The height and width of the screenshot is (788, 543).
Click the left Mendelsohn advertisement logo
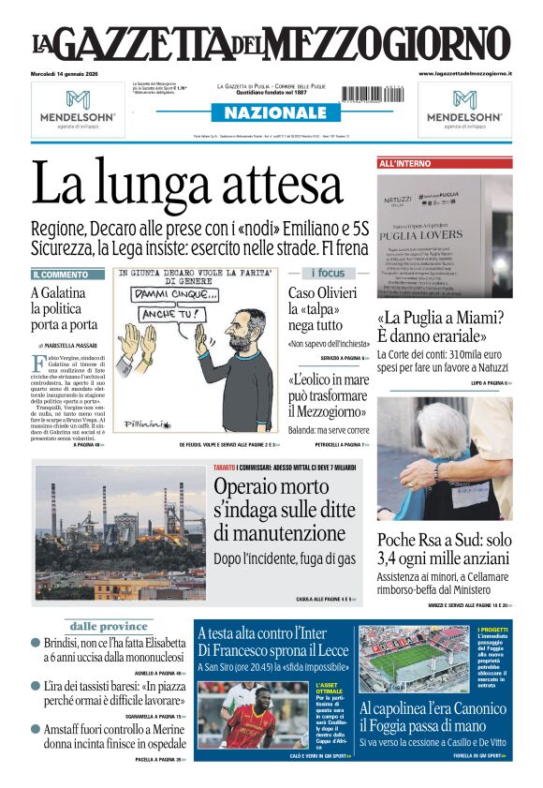coord(78,107)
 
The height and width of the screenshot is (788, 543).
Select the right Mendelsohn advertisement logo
coord(464,107)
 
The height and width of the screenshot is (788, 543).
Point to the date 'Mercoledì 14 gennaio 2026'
coord(70,73)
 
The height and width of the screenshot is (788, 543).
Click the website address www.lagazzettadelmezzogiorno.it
coord(463,73)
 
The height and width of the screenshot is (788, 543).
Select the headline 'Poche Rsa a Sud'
coord(444,549)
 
